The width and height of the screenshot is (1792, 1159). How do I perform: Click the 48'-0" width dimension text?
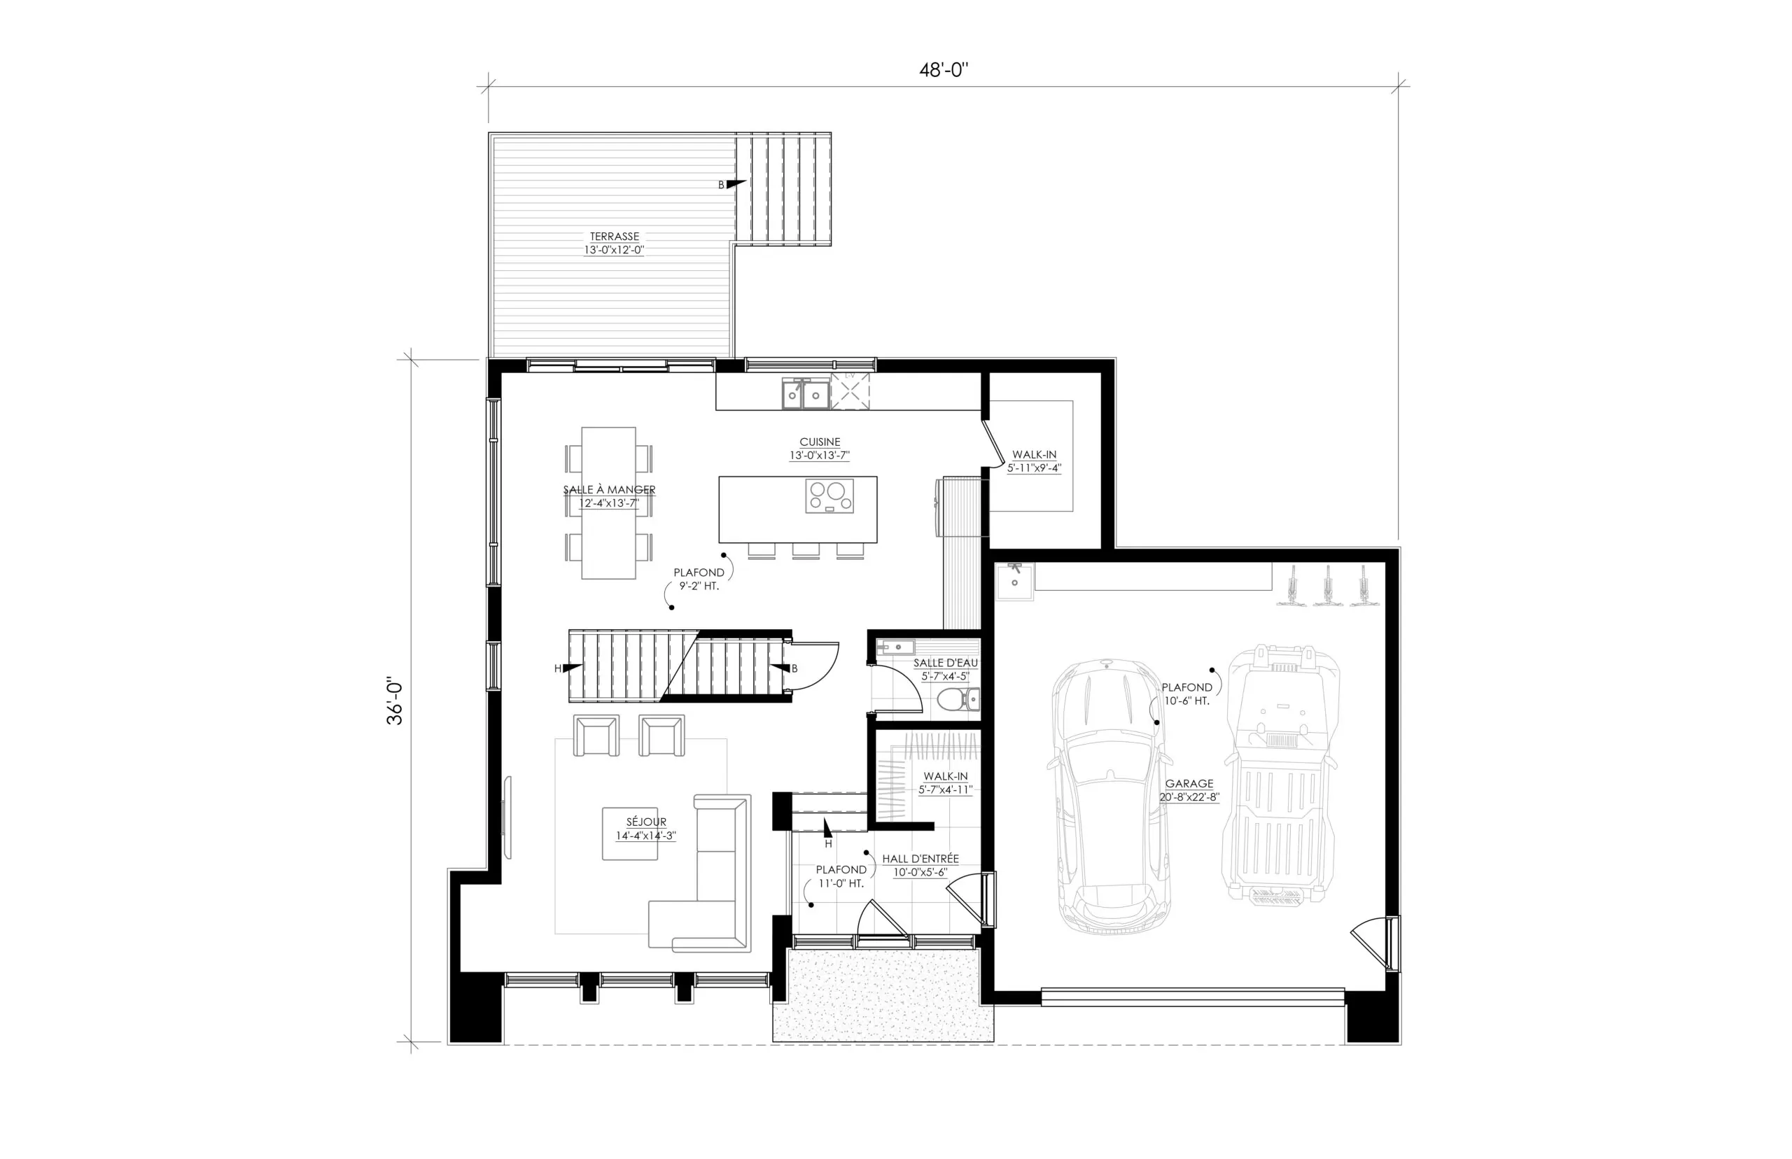click(943, 71)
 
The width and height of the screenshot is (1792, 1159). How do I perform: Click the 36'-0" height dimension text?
click(395, 703)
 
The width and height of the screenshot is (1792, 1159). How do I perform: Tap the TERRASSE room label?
click(614, 237)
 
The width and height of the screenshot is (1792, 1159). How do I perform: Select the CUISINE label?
click(820, 442)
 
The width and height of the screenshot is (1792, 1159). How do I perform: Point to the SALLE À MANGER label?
click(609, 490)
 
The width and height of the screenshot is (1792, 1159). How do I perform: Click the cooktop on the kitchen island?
click(829, 496)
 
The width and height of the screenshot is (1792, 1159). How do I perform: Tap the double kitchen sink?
click(805, 393)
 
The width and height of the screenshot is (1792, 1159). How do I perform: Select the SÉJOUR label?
click(646, 822)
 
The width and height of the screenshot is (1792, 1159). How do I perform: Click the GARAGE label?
click(1189, 783)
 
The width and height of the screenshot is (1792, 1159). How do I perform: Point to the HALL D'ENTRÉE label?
click(920, 859)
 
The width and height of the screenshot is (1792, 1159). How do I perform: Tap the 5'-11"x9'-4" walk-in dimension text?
click(1034, 468)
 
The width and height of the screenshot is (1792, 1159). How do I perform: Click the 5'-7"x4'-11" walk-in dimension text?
click(945, 790)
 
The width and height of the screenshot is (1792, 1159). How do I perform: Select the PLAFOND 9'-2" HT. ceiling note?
click(699, 579)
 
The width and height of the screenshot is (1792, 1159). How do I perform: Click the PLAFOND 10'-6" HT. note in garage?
click(1187, 694)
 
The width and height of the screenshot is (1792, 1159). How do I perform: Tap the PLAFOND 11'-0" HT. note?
click(841, 876)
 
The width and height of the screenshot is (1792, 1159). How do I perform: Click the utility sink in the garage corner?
click(1014, 580)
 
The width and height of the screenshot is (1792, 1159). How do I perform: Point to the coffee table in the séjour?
click(630, 833)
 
